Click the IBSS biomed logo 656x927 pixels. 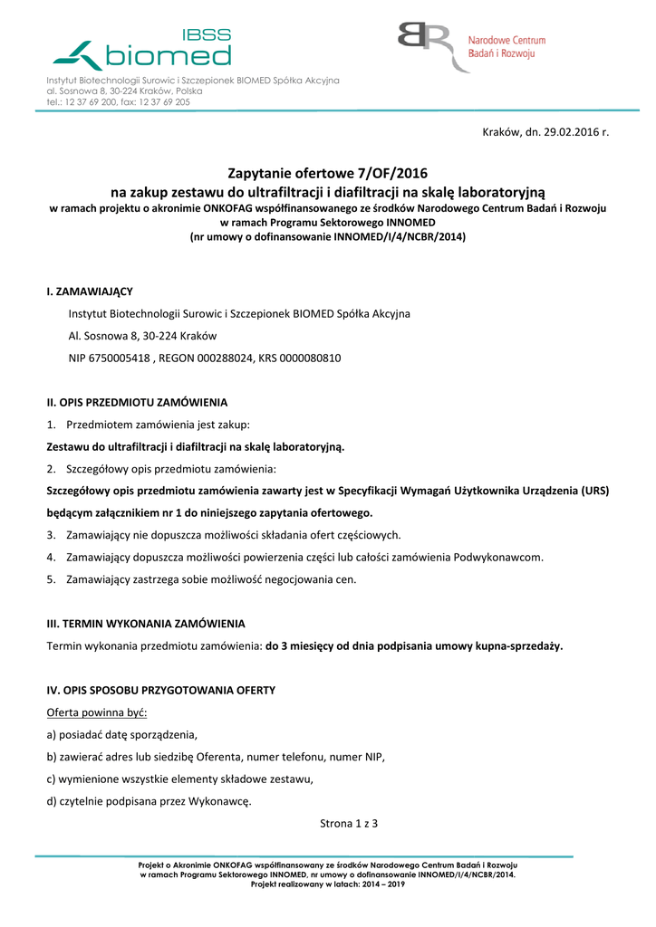143,50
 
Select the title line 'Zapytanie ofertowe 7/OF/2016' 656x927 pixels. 327,174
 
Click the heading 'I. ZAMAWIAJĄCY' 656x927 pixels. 90,291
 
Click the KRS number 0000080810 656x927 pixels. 310,358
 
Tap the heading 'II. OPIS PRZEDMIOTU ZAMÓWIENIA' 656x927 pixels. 137,402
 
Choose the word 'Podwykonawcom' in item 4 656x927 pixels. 497,558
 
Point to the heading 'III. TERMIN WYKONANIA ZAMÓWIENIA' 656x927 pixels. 146,624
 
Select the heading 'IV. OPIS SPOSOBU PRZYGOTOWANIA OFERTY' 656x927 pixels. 160,690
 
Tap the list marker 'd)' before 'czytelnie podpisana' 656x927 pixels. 52,801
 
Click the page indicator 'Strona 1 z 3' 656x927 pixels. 348,824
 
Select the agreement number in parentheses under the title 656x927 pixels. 327,236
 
